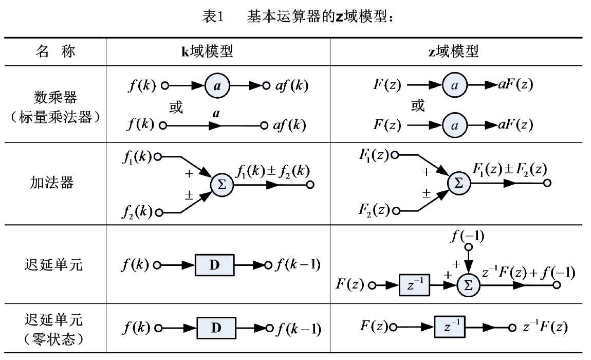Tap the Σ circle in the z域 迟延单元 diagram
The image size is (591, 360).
click(468, 283)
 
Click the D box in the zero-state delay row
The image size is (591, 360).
click(215, 327)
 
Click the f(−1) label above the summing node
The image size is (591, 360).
click(467, 237)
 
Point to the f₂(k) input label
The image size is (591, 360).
click(136, 211)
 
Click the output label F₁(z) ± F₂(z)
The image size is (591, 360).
click(510, 169)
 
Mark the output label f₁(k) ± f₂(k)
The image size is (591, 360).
click(273, 170)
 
